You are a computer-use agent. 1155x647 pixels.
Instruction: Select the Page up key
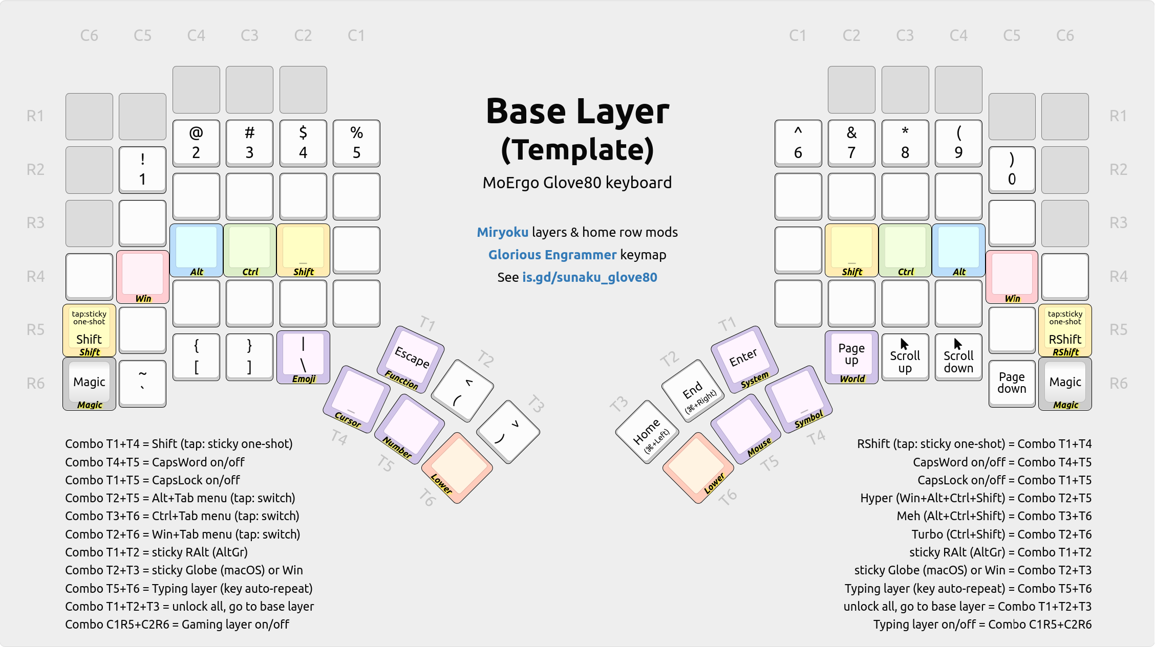851,356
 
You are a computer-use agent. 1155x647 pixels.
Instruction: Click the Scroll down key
958,356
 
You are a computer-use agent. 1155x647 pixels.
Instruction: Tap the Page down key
1012,383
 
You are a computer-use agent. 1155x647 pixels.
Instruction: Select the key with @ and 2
196,143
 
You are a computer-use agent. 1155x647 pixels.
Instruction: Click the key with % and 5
356,143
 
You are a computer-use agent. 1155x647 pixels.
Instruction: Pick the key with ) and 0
1012,169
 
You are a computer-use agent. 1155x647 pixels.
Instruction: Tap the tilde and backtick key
142,383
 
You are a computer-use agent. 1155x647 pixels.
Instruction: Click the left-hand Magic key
89,383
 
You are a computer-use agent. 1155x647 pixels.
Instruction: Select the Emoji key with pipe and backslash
303,356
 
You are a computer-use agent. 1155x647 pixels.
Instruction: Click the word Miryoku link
502,232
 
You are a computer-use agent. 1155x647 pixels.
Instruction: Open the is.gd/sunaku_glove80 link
589,277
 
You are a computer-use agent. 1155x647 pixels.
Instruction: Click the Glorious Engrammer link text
552,255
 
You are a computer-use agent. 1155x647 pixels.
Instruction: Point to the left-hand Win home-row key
142,276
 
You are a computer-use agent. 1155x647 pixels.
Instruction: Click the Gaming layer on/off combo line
177,624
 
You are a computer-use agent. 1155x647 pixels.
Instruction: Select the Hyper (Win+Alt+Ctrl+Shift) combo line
975,498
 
